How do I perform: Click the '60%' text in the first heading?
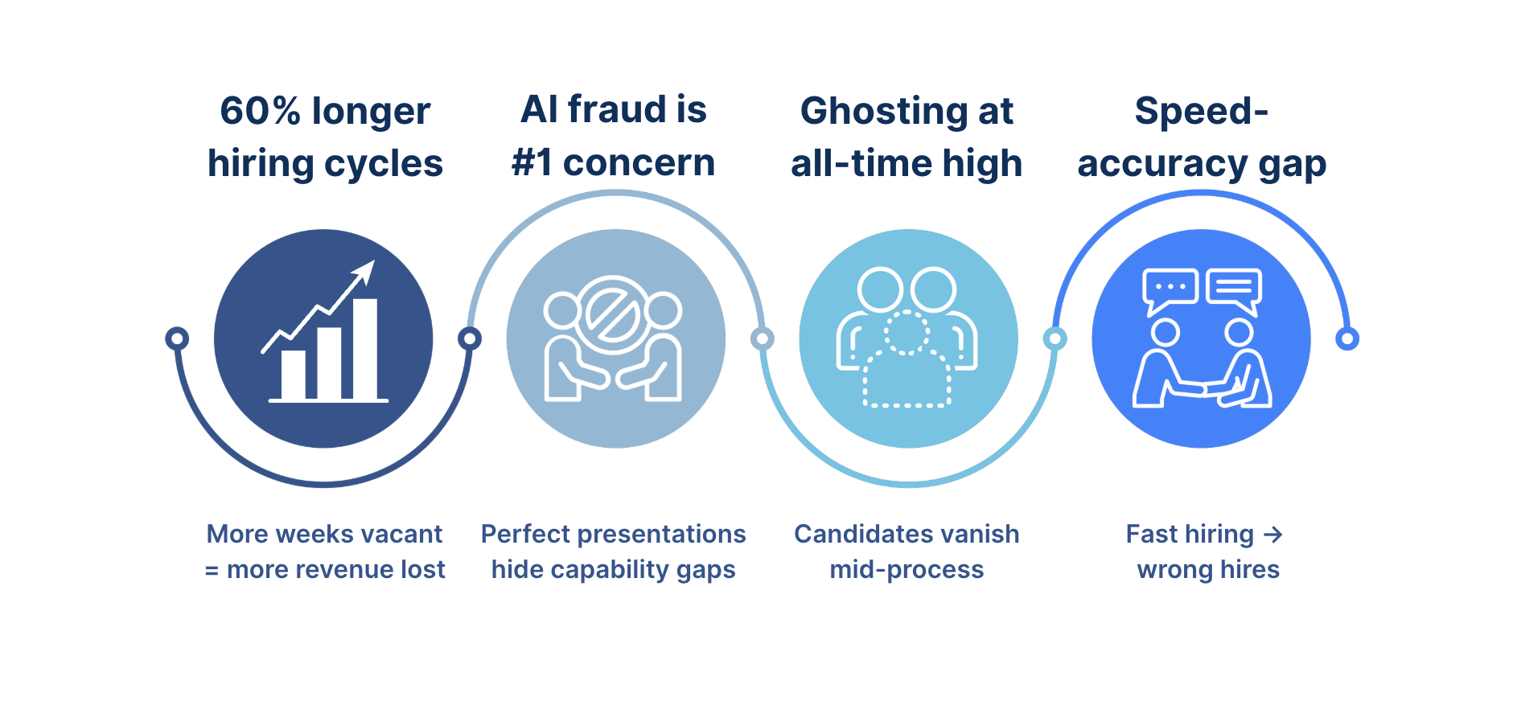260,111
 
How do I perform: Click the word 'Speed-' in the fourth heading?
1201,111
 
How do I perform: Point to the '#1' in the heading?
532,163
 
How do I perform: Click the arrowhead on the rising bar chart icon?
366,271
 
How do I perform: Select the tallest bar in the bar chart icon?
365,348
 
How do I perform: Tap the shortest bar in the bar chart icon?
293,374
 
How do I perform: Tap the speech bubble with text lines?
1234,288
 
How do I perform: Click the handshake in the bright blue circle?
1203,391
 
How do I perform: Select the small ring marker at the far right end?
1346,338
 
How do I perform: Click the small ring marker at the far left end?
177,338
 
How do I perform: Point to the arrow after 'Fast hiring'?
1272,535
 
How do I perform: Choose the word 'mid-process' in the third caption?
906,570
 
